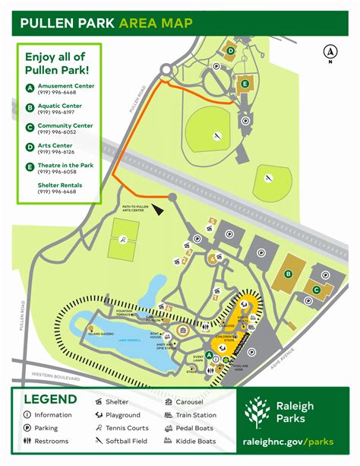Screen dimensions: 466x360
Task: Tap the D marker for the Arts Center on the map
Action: pyautogui.click(x=229, y=52)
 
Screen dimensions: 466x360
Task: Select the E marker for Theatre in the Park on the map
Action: pyautogui.click(x=245, y=83)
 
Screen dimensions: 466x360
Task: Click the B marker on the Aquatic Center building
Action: pyautogui.click(x=288, y=274)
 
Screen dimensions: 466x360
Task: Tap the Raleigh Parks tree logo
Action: pyautogui.click(x=255, y=412)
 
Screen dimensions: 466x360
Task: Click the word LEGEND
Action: pyautogui.click(x=49, y=400)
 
